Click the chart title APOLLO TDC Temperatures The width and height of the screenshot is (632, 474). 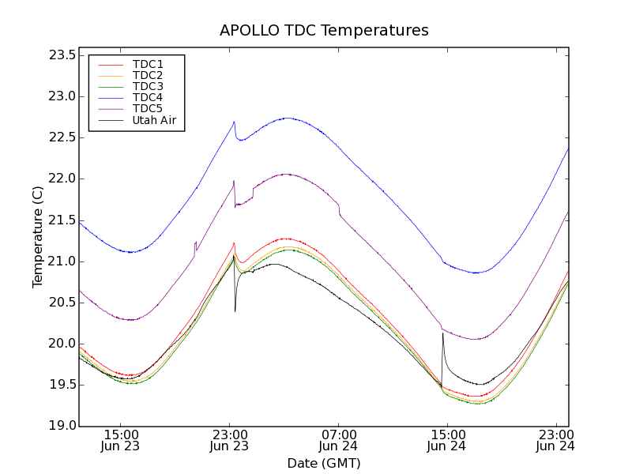(324, 31)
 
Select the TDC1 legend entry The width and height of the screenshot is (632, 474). (148, 64)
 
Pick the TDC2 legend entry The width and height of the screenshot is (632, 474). (148, 75)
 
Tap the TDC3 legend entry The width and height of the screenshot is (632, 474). (148, 86)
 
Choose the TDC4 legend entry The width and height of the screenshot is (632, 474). (148, 98)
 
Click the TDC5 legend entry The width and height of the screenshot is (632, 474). (148, 109)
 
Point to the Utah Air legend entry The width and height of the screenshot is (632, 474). (154, 121)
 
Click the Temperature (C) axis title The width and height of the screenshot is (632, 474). (38, 237)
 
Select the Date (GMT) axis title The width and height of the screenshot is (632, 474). (324, 463)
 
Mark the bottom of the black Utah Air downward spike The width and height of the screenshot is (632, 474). (235, 311)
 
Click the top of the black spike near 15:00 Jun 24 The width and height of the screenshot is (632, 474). (442, 333)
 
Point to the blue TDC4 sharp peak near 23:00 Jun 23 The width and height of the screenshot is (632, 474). (235, 122)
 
